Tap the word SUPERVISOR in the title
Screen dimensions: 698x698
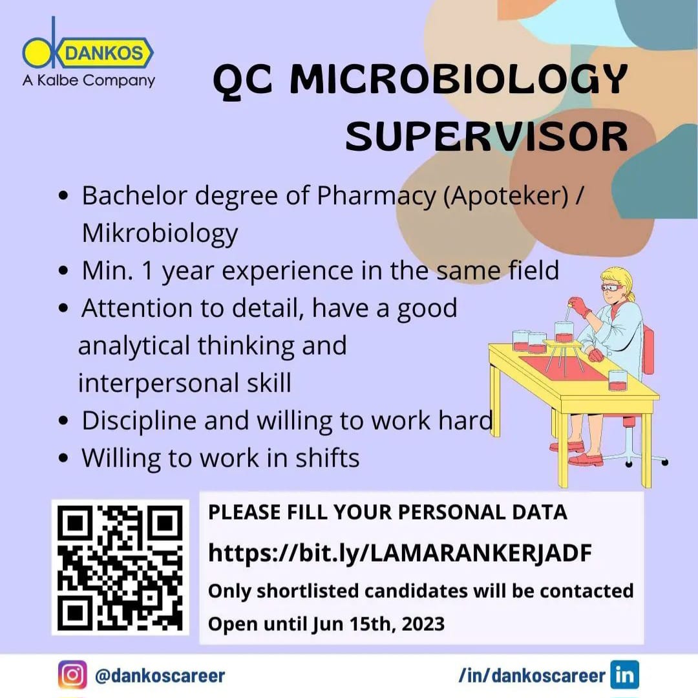[487, 136]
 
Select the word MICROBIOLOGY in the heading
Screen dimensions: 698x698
[458, 79]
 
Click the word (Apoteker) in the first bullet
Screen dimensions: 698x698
[506, 196]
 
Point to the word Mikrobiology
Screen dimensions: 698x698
[160, 234]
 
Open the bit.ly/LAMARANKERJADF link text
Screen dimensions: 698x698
[400, 553]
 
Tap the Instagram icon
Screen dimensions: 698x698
[72, 675]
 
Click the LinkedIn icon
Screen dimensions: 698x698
[624, 675]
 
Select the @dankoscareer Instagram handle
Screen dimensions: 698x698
[160, 676]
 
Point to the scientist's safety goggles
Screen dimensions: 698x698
[613, 287]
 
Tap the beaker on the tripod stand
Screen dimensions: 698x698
[564, 332]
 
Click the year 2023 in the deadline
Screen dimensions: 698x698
[423, 624]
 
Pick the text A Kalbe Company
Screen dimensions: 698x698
[89, 81]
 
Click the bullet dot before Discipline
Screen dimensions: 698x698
[63, 420]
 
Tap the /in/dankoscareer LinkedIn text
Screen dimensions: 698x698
[532, 676]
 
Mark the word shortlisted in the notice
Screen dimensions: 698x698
[308, 591]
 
